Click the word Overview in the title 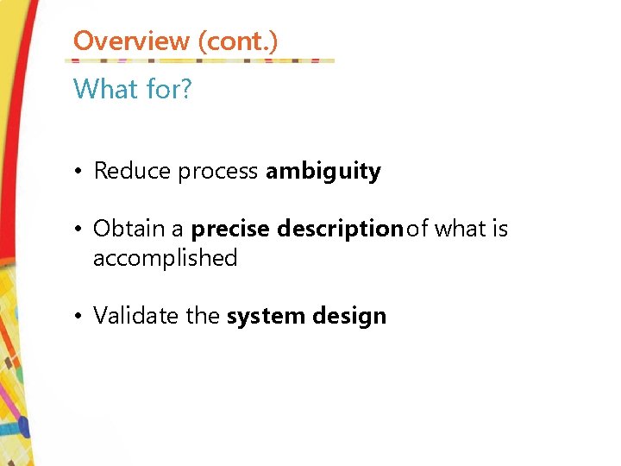point(131,41)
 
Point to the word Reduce point(132,171)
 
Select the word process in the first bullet point(218,172)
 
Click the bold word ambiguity point(323,172)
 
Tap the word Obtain point(129,229)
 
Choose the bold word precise point(230,230)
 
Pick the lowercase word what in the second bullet point(460,229)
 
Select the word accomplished point(165,258)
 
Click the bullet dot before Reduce point(78,172)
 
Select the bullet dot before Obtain point(78,230)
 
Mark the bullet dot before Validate point(78,317)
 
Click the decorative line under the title point(199,61)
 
